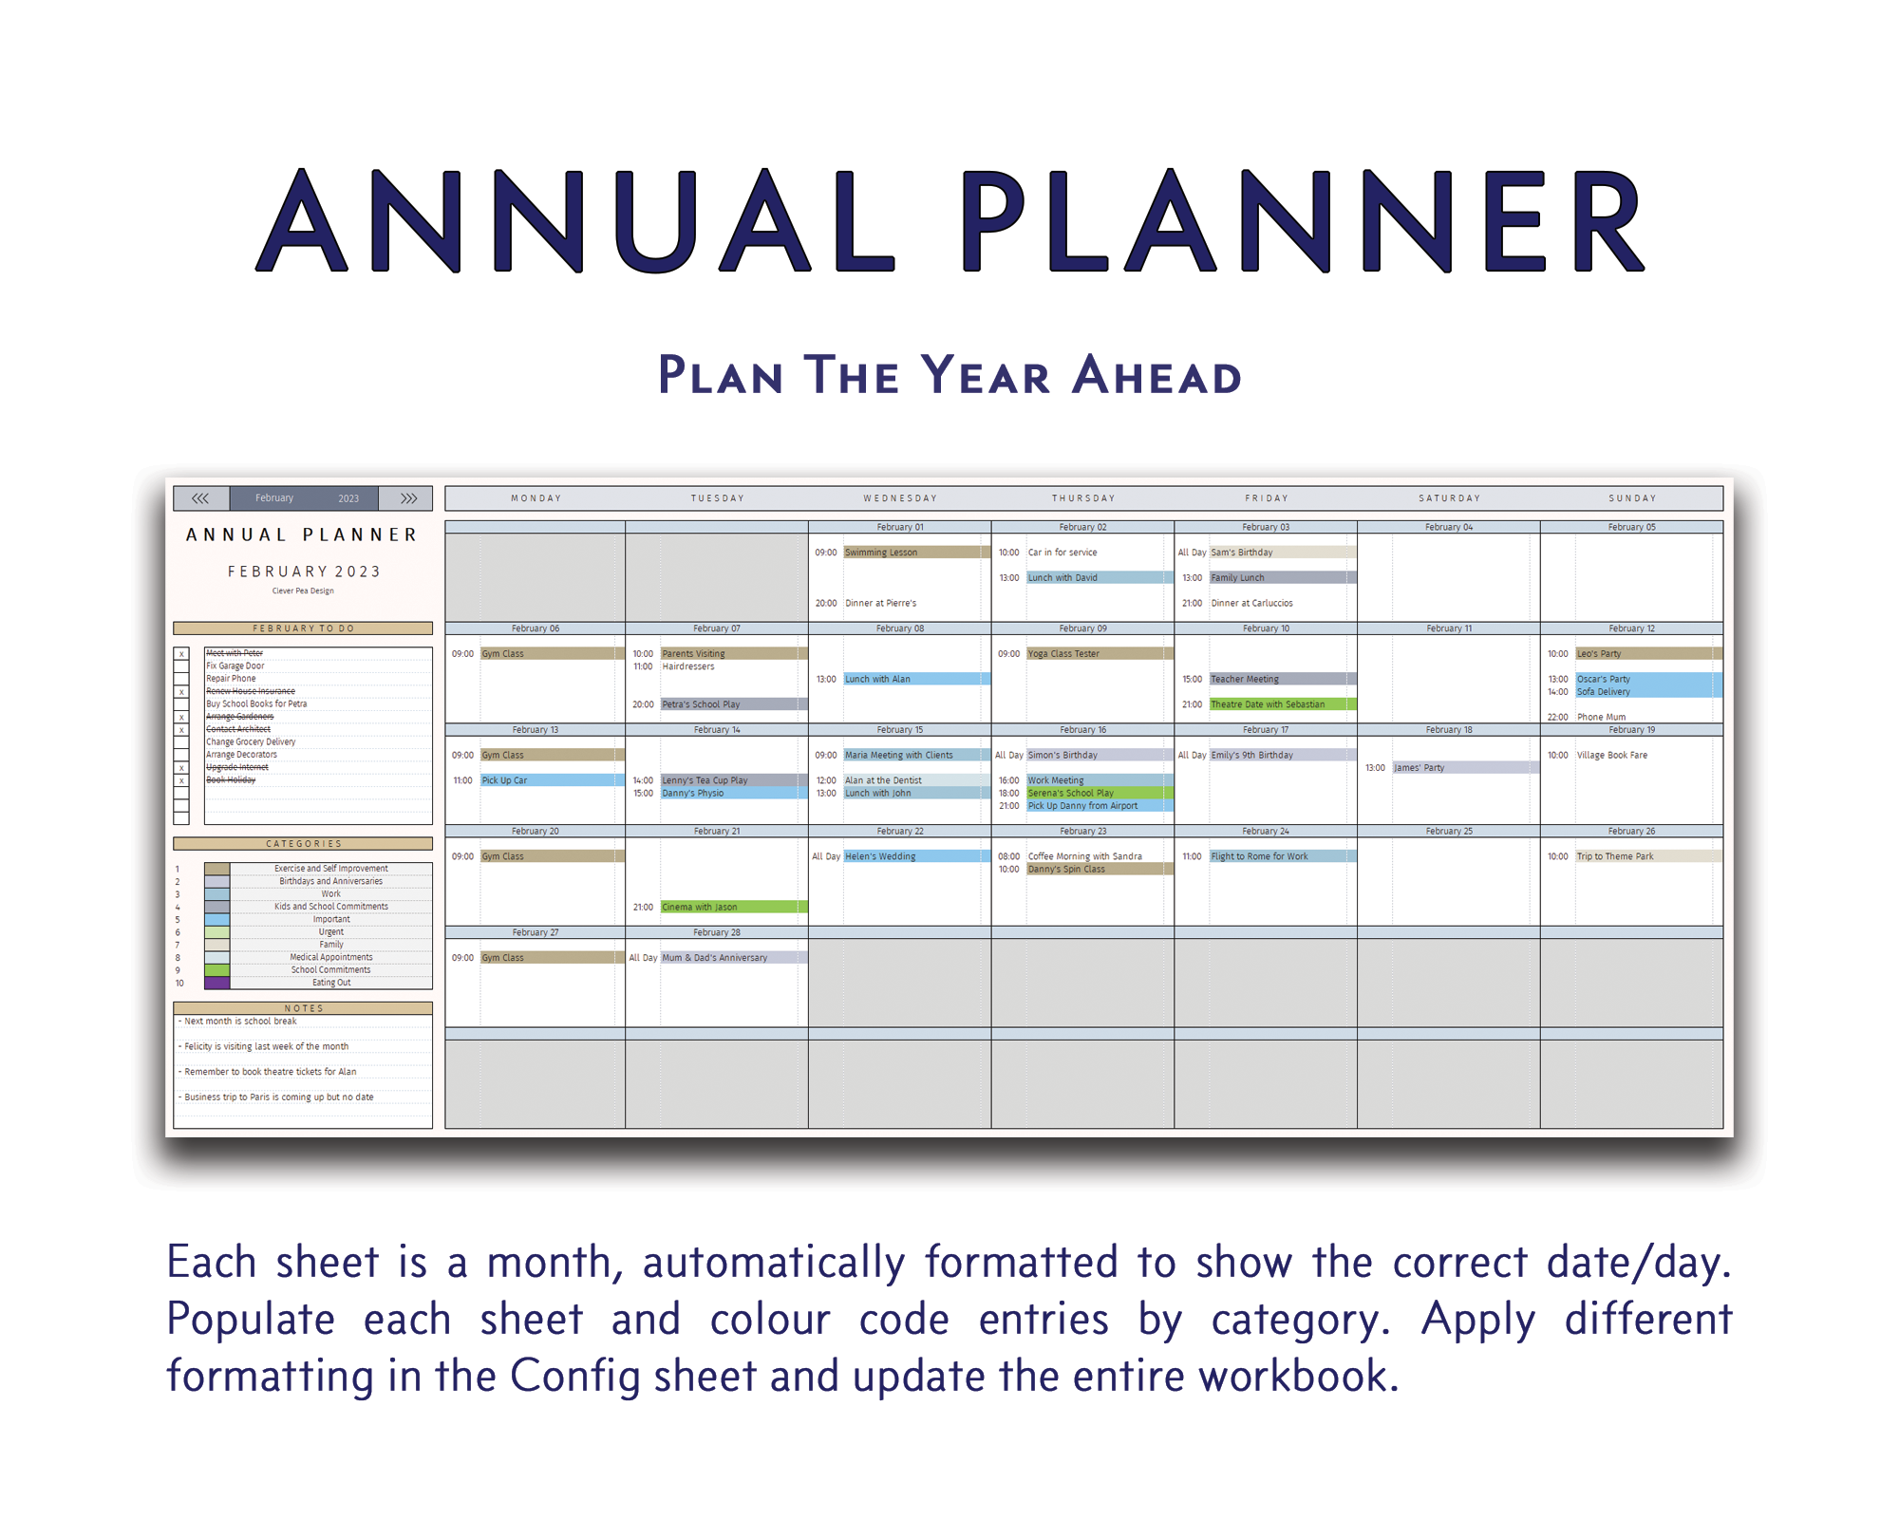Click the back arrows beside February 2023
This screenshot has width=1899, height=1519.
[x=200, y=498]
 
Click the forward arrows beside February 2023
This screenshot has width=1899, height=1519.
[x=408, y=498]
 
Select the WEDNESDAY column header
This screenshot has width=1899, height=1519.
[x=900, y=498]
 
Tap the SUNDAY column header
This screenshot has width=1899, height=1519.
[x=1632, y=498]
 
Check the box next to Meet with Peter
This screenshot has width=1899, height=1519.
[x=181, y=654]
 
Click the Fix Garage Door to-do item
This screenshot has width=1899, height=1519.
[x=235, y=666]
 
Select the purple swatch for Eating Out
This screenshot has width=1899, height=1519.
[x=216, y=983]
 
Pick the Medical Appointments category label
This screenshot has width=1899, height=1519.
[x=331, y=957]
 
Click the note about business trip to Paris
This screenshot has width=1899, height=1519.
[x=279, y=1097]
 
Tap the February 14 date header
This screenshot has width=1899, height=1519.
[x=717, y=730]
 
